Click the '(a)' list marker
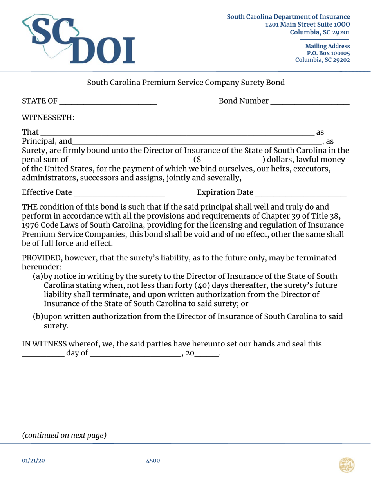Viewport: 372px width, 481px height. tap(38, 277)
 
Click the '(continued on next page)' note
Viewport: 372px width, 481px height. tap(64, 436)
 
